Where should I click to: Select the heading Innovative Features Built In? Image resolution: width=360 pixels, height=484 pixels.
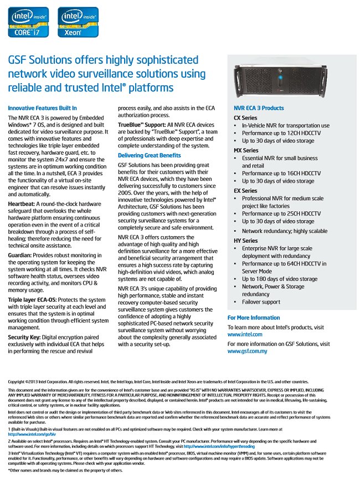coord(43,108)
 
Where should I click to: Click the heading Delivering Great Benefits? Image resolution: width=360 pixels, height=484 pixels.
coord(149,155)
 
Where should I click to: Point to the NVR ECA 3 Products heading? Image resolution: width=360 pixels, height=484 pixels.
coord(259,108)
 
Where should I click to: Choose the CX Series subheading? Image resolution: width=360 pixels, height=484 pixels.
coord(245,118)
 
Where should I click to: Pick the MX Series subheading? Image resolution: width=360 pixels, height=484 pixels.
coord(246,150)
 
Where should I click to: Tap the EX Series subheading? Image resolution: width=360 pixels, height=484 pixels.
coord(245,191)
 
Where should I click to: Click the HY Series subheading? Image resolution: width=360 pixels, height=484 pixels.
coord(245,241)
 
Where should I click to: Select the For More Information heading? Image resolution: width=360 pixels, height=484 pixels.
coord(254,318)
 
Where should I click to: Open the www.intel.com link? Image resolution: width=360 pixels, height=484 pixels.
coord(245,335)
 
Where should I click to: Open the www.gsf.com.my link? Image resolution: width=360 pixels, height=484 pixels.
coord(248,351)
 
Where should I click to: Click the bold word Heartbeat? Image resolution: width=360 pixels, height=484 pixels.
coord(22,204)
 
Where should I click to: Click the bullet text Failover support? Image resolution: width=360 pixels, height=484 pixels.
coord(261,302)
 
